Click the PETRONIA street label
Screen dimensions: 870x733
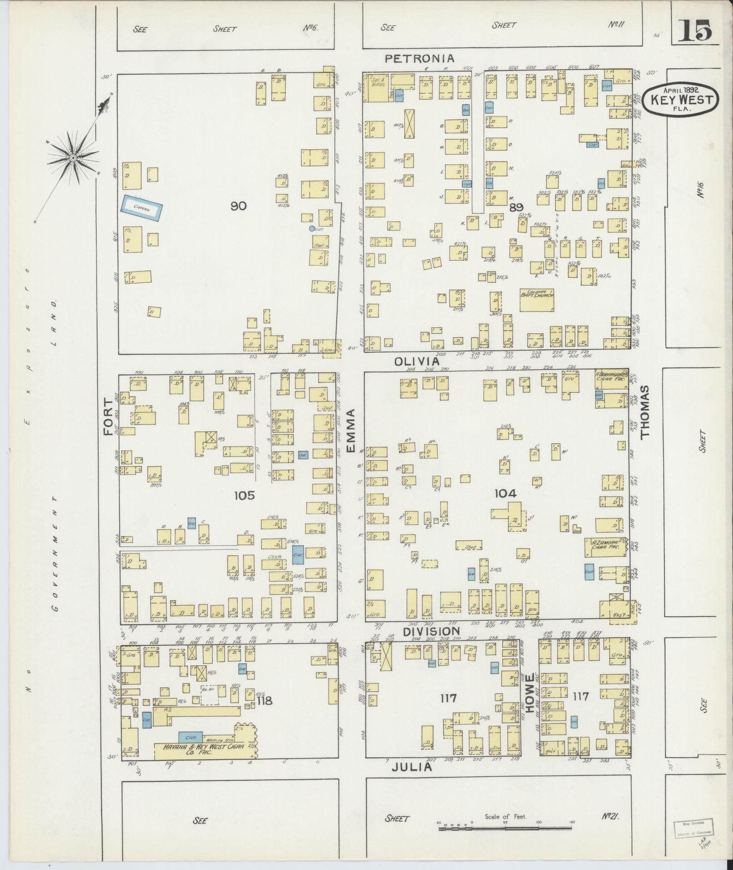[x=419, y=58]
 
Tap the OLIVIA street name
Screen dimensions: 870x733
[x=417, y=361]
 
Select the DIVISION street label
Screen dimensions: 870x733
[x=431, y=631]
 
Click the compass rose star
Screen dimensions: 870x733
[x=73, y=157]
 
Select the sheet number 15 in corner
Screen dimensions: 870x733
[x=695, y=31]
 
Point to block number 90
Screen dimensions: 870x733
[x=238, y=206]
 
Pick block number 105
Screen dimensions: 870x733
[x=244, y=495]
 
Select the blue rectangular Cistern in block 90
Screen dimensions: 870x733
[x=142, y=206]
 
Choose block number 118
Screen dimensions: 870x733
[x=264, y=701]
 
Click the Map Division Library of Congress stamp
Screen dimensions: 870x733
[x=693, y=827]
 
